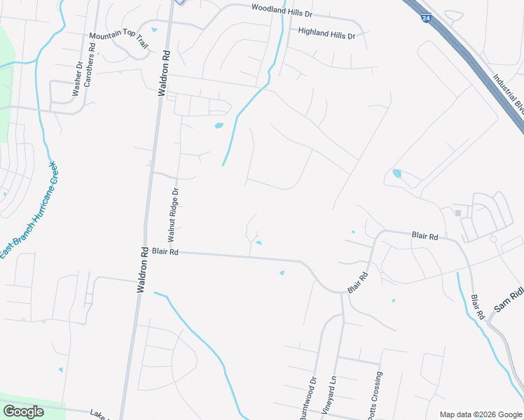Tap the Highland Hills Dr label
pos(327,32)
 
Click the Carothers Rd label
pos(90,68)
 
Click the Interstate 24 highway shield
pos(426,19)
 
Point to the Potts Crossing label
pos(375,396)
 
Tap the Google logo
pos(24,412)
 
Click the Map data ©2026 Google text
pos(480,414)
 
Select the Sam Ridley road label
pos(509,298)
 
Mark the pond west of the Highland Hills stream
pos(219,126)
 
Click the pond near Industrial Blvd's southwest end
pos(398,173)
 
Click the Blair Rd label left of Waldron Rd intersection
pos(165,251)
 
